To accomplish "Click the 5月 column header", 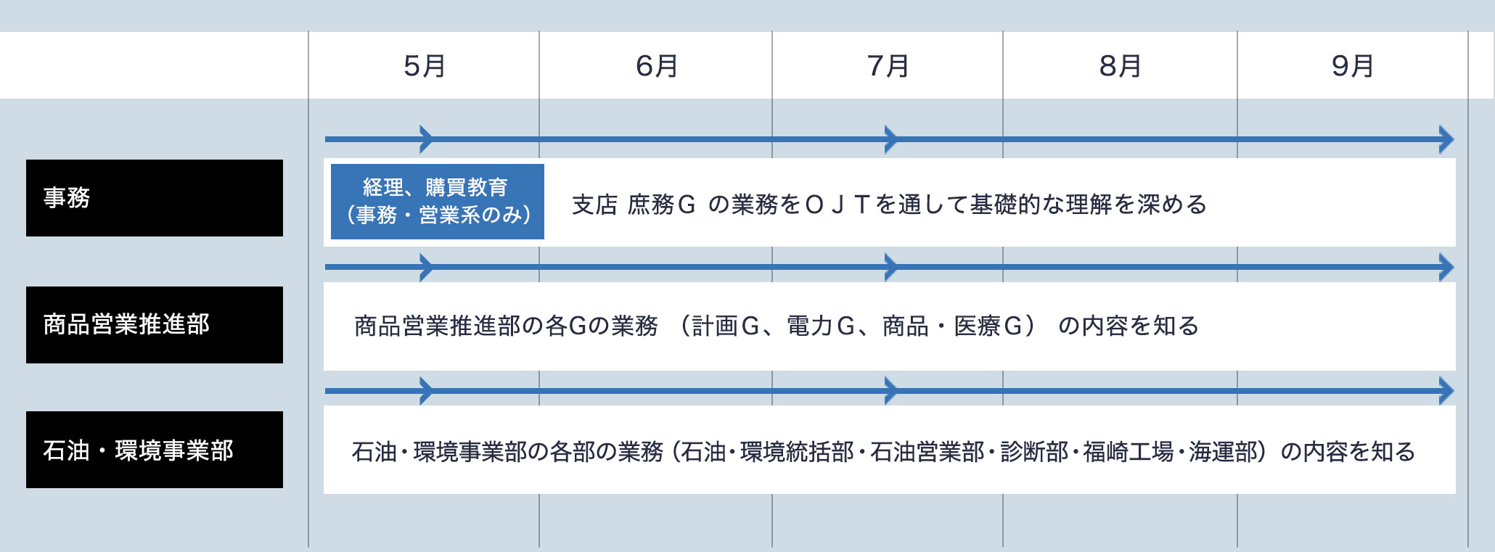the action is pyautogui.click(x=425, y=66).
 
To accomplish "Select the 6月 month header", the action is pyautogui.click(x=657, y=66).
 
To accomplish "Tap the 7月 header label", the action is pyautogui.click(x=888, y=66).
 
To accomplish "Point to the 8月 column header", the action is pyautogui.click(x=1121, y=66).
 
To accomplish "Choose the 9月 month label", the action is pyautogui.click(x=1353, y=66).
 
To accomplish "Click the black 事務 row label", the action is pyautogui.click(x=155, y=198).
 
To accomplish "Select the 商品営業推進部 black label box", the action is pyautogui.click(x=155, y=325).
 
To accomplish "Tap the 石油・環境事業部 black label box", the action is pyautogui.click(x=155, y=450).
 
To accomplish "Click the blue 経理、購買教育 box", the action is pyautogui.click(x=438, y=202).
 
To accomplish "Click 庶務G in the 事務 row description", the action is pyautogui.click(x=662, y=205).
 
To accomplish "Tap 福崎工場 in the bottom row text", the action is pyautogui.click(x=1129, y=452).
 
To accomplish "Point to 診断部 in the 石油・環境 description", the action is pyautogui.click(x=1034, y=452).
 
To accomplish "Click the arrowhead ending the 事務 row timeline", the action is pyautogui.click(x=1446, y=139).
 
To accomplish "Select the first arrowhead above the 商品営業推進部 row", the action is pyautogui.click(x=427, y=267).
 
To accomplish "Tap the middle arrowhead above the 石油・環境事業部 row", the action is pyautogui.click(x=891, y=391).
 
